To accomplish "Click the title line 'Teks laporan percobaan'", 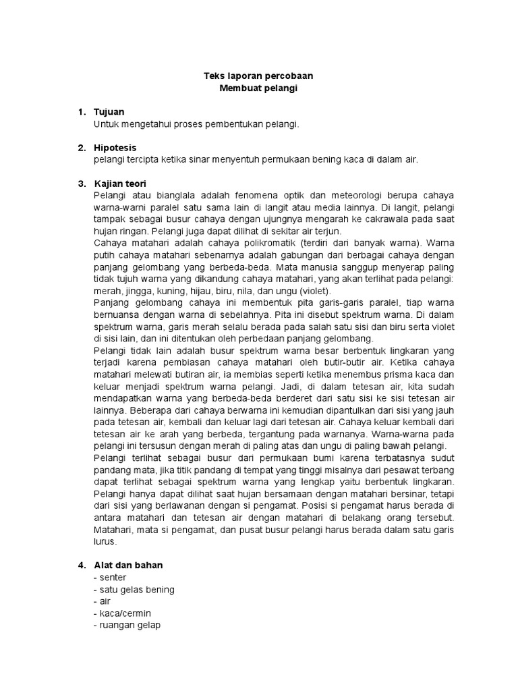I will (258, 77).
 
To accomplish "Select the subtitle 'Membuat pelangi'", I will (258, 89).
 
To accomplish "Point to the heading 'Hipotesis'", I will (115, 148).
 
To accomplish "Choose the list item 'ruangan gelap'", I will (129, 626).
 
